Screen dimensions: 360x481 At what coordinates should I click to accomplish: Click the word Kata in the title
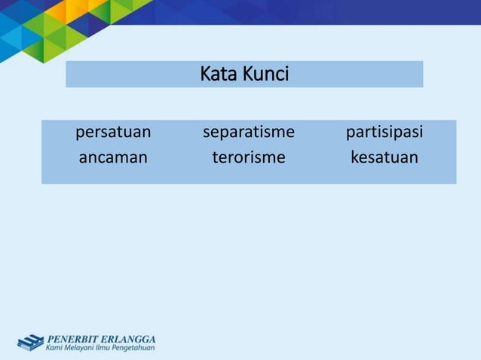pos(219,75)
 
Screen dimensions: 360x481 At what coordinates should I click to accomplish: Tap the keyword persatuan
pos(113,133)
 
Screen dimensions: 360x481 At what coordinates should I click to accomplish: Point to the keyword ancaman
pos(113,158)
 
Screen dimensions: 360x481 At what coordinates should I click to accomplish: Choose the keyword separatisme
pos(248,133)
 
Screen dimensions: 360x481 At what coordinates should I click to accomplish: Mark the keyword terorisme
pos(248,158)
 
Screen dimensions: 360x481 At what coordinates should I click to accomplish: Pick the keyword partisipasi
pos(384,133)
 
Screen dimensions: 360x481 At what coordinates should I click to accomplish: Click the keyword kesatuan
pos(384,158)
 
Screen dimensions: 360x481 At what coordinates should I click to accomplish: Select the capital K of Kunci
pos(250,75)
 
